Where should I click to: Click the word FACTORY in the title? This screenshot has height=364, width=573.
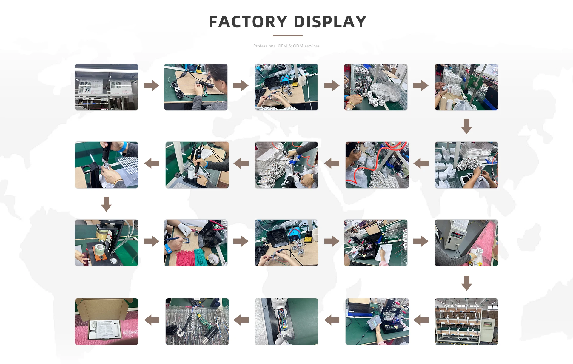248,22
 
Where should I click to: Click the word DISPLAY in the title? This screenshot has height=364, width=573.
330,22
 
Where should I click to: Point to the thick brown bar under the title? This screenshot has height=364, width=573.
288,36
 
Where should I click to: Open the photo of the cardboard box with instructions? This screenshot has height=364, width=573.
107,322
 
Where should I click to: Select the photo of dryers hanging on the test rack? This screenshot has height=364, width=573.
466,322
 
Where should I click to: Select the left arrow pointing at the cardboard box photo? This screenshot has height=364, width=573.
152,320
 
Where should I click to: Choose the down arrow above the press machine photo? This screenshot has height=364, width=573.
107,204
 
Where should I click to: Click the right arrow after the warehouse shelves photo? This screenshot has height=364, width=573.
152,85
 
